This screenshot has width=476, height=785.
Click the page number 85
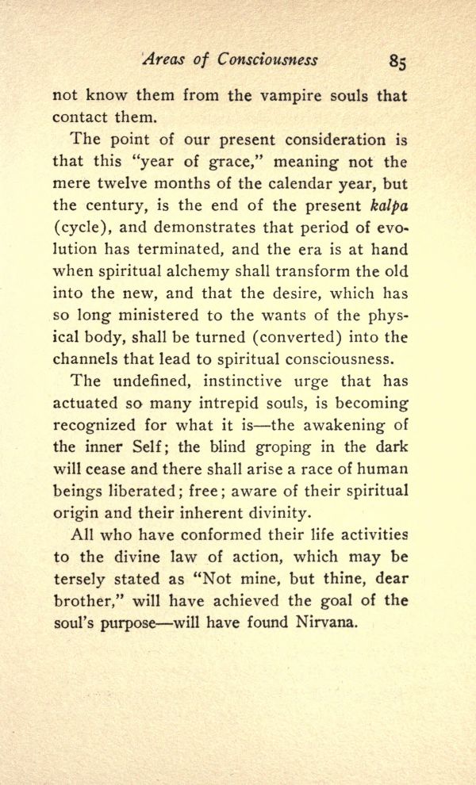[398, 62]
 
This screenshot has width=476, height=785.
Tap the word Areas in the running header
[163, 60]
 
